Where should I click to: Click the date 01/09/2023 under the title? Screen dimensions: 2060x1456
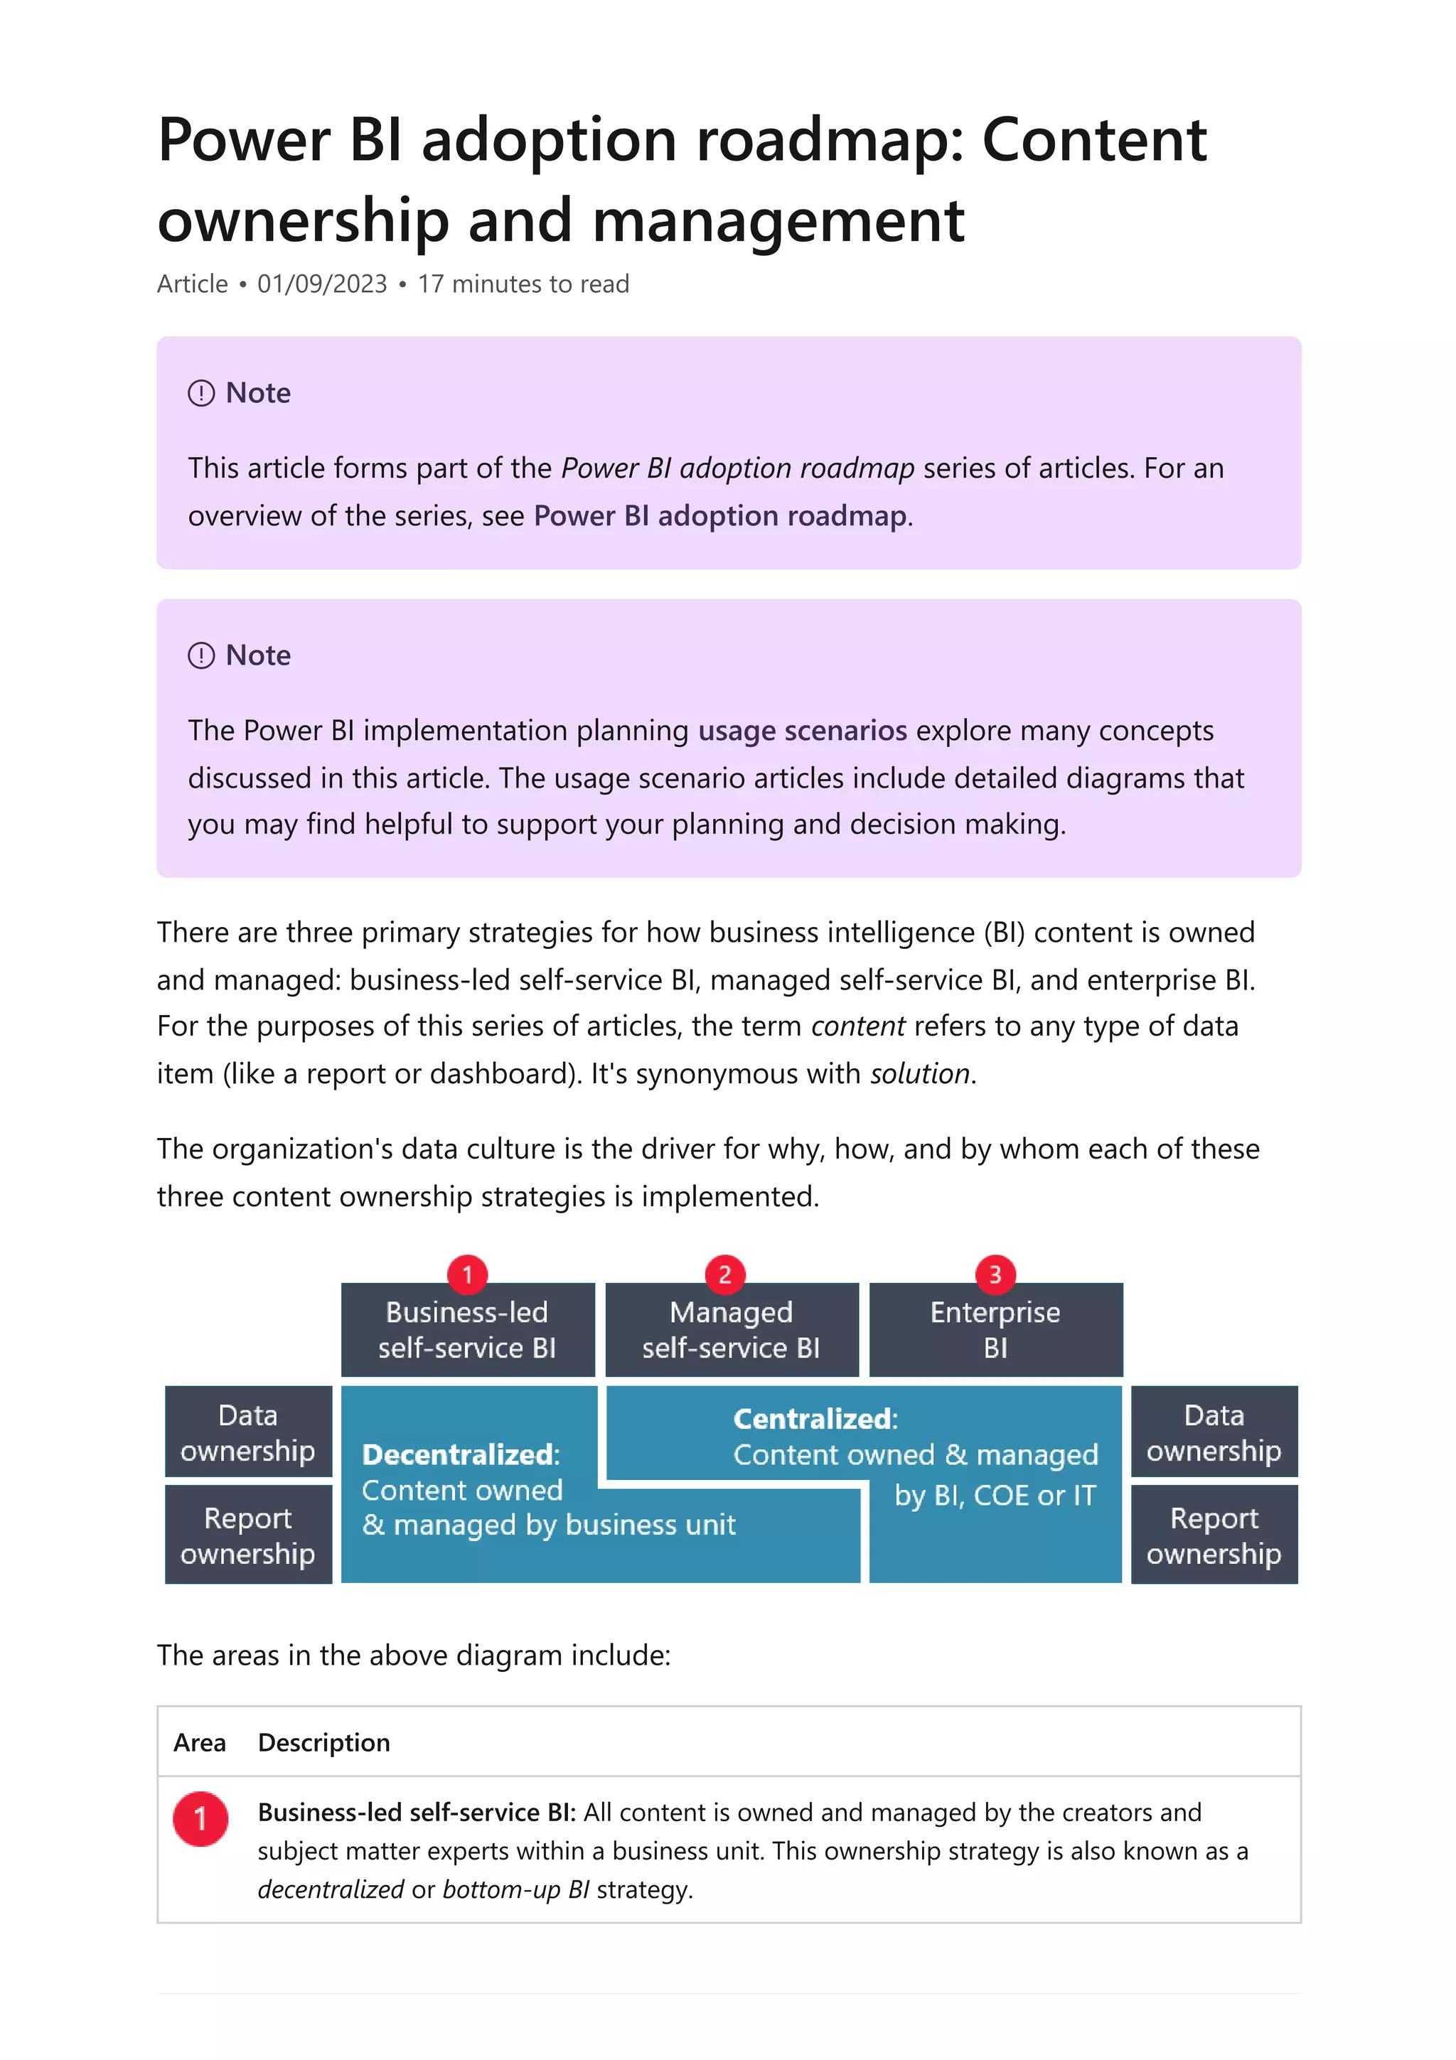(322, 284)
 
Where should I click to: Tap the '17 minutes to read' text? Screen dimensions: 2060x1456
(523, 284)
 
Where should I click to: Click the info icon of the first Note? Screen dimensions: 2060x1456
(201, 393)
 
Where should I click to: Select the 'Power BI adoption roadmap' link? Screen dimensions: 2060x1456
(719, 516)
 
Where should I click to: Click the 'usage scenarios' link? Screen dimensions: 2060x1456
(802, 730)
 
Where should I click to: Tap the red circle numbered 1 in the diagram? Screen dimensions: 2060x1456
(467, 1274)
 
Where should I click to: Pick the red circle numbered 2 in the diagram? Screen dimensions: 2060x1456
(725, 1274)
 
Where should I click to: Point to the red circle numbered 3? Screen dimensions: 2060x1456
(995, 1274)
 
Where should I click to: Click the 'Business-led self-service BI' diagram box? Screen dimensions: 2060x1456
(467, 1330)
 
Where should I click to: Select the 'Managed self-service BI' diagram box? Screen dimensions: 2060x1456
(731, 1330)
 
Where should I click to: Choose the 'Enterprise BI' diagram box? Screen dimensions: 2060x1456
(995, 1330)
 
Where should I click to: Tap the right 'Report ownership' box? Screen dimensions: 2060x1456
(1214, 1535)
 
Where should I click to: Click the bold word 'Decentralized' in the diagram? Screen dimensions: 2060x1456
(458, 1454)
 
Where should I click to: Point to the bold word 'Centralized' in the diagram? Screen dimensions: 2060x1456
(813, 1419)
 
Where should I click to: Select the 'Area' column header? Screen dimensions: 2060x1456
(199, 1742)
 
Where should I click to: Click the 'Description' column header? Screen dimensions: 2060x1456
(324, 1742)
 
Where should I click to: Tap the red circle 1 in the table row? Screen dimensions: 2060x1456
(200, 1818)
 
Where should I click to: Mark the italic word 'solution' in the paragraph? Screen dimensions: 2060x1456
(919, 1073)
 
